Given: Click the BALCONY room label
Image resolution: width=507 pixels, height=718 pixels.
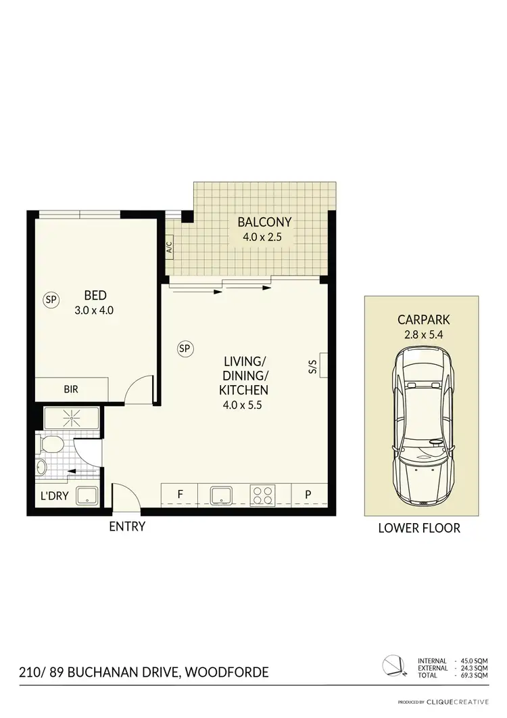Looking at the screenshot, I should [264, 222].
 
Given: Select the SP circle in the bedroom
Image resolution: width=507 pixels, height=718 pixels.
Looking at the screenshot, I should [50, 298].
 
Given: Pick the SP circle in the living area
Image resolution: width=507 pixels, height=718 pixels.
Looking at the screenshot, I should [185, 349].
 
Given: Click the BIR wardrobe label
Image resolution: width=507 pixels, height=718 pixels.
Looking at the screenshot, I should [71, 390].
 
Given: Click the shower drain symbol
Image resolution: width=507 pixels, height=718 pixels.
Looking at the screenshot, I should [72, 418].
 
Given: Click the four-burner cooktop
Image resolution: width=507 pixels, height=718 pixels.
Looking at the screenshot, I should [263, 495].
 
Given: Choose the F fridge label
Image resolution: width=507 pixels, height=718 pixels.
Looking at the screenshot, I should [180, 494].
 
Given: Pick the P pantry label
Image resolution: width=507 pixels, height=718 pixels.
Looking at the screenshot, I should [308, 494].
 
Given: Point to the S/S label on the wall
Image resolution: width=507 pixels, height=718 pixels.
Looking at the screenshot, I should [313, 366].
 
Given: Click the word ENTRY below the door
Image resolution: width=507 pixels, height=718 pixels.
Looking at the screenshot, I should [127, 526].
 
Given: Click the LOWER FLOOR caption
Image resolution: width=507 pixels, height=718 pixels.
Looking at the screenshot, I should [419, 527].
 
